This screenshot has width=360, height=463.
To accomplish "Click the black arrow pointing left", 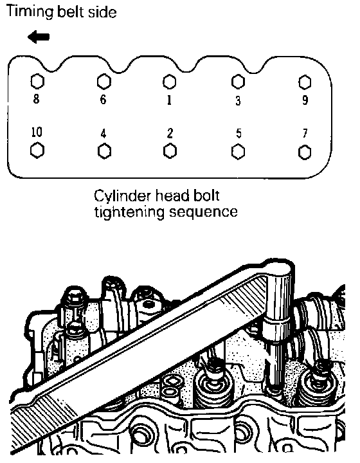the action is click(x=39, y=37).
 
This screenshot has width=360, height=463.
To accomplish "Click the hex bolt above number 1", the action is click(x=169, y=82).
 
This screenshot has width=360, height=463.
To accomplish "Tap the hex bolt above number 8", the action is click(x=37, y=81).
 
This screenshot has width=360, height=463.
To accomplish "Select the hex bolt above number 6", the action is click(x=104, y=82).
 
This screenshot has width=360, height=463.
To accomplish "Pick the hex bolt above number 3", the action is click(x=238, y=81).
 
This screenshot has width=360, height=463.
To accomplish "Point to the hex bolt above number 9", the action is click(x=305, y=82).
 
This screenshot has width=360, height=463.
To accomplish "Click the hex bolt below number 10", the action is click(x=37, y=150).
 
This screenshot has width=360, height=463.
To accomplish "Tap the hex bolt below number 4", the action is click(x=104, y=151).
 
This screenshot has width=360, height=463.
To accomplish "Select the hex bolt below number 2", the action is click(x=170, y=151).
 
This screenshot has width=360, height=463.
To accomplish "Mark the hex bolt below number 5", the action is click(x=238, y=152).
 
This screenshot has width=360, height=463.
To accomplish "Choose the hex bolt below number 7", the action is click(x=305, y=152).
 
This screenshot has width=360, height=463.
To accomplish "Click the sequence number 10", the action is click(x=37, y=132).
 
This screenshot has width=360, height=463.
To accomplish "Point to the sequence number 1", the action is click(x=169, y=100).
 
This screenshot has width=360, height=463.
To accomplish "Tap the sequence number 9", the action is click(x=305, y=100).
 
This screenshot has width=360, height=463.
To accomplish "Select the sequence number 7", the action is click(x=305, y=133).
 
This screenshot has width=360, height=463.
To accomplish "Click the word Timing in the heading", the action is click(x=30, y=12).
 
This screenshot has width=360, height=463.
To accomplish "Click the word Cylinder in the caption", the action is click(x=123, y=196).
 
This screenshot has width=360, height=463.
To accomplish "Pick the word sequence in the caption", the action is click(x=203, y=212).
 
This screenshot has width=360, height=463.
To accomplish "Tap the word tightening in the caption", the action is click(x=130, y=212).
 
